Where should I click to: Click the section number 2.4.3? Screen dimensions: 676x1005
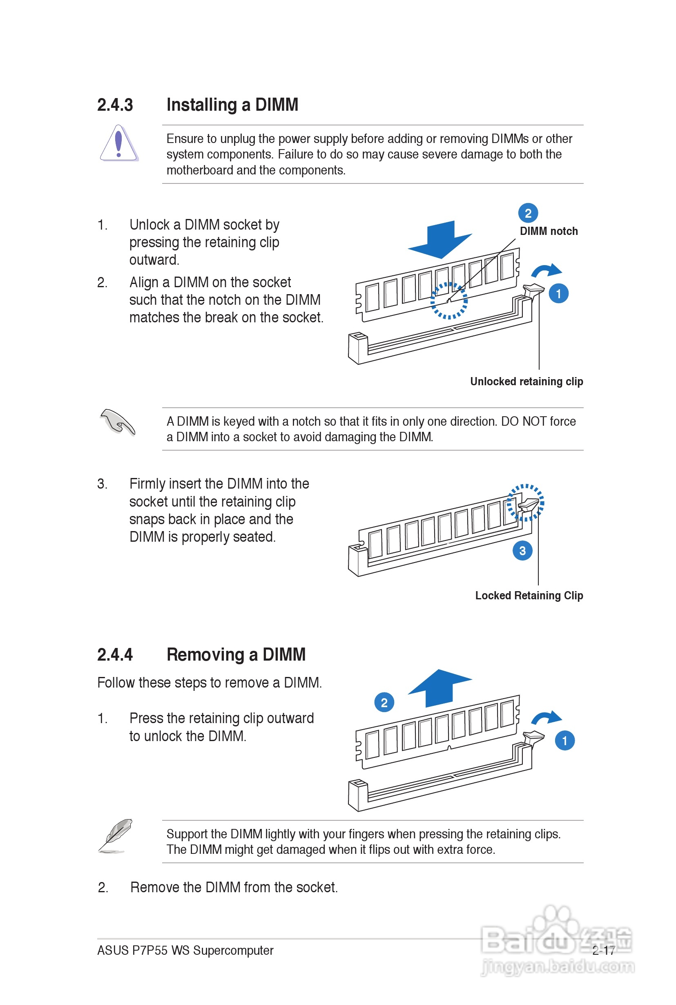(x=115, y=105)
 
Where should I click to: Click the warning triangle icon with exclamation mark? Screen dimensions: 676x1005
(x=118, y=143)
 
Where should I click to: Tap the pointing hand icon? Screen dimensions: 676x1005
(x=117, y=422)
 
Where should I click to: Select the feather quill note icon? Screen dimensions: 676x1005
(x=116, y=835)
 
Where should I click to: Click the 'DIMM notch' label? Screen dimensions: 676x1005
(x=549, y=231)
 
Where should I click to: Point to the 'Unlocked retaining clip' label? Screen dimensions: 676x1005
(x=527, y=382)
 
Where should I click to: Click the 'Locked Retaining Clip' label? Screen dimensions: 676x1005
(x=529, y=595)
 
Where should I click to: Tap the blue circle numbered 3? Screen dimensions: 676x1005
(x=522, y=551)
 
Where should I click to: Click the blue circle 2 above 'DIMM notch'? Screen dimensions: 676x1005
(x=528, y=213)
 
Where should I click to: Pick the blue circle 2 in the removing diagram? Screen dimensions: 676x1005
(x=384, y=702)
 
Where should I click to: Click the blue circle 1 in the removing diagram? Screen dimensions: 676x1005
(x=565, y=741)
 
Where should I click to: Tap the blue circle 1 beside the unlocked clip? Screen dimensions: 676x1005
(x=559, y=294)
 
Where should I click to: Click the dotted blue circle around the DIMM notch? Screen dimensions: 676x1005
(x=449, y=301)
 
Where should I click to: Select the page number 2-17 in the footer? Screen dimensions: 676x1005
(x=603, y=950)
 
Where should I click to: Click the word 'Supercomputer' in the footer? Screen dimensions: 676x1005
(x=233, y=950)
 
